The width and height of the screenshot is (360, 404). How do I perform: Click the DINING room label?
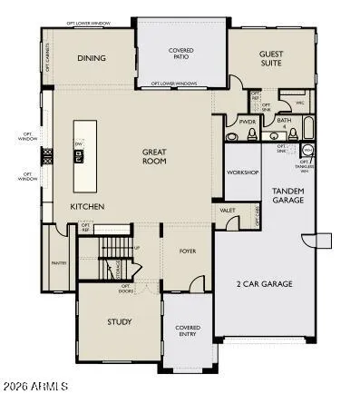(x=91, y=58)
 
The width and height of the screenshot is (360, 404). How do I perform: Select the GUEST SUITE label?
(x=271, y=58)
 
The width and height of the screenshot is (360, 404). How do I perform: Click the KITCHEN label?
(x=88, y=207)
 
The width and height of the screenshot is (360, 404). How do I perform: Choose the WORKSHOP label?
(x=242, y=172)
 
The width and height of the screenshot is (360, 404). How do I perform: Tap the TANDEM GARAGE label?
(x=288, y=196)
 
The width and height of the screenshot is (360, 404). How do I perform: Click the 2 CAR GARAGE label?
(x=266, y=284)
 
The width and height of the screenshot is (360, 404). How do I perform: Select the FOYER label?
(x=187, y=252)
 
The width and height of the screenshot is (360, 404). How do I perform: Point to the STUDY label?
(x=120, y=321)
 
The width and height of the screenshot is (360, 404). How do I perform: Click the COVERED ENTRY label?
(x=188, y=330)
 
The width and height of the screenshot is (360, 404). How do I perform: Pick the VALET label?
(x=227, y=211)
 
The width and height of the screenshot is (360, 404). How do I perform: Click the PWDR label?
(x=246, y=122)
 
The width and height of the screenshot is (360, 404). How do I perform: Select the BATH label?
(x=283, y=122)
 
